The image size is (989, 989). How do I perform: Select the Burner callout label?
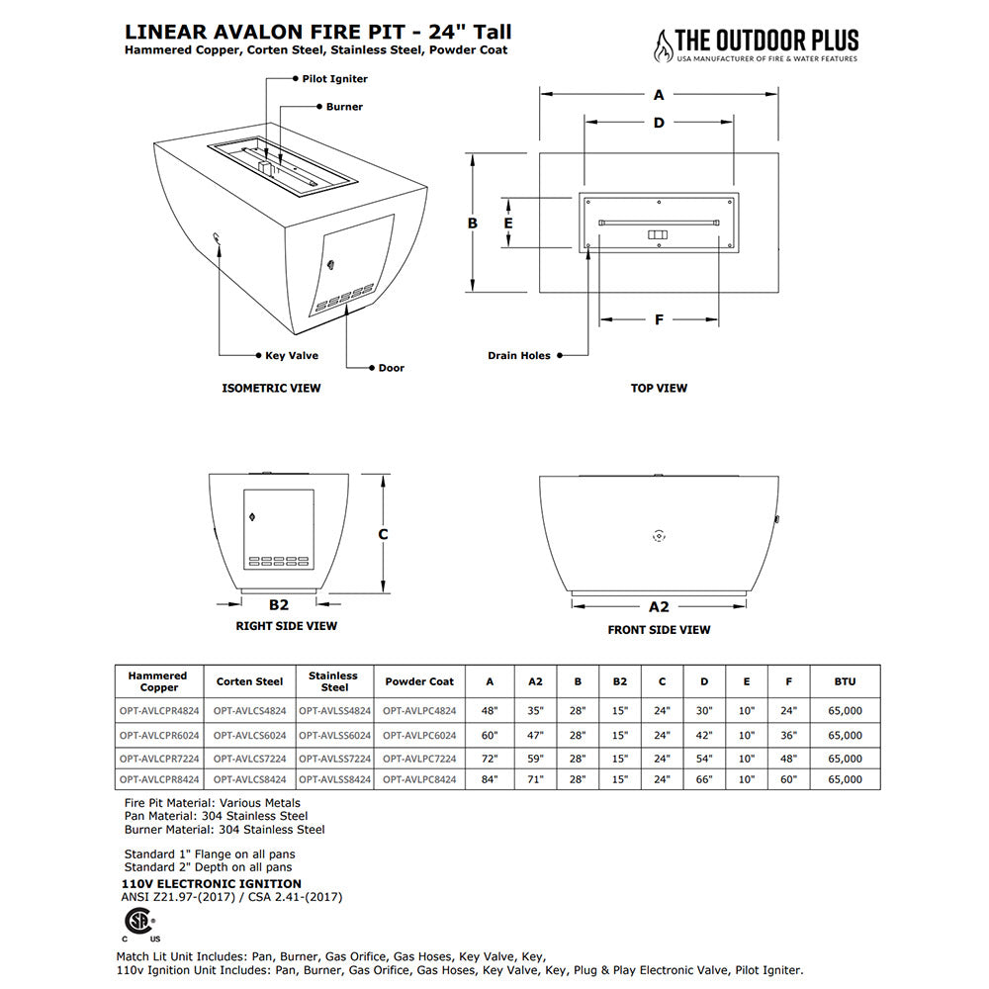pos(344,107)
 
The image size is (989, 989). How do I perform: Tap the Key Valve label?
pos(291,355)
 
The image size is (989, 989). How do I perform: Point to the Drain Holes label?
pos(518,355)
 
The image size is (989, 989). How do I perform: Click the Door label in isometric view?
pos(391,368)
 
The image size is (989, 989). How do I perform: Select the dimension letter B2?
pos(278,604)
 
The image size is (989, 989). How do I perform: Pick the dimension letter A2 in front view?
pos(659,606)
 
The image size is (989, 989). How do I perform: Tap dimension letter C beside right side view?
pos(383,534)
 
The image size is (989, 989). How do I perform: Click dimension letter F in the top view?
pos(659,319)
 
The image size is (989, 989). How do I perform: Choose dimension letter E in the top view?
pos(508,224)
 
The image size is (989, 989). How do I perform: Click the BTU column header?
pos(845,681)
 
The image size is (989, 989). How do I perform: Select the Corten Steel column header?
pos(249,681)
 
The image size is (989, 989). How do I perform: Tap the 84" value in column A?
pos(490,779)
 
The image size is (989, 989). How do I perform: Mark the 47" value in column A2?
pos(535,735)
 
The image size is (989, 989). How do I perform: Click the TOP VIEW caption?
pos(659,389)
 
